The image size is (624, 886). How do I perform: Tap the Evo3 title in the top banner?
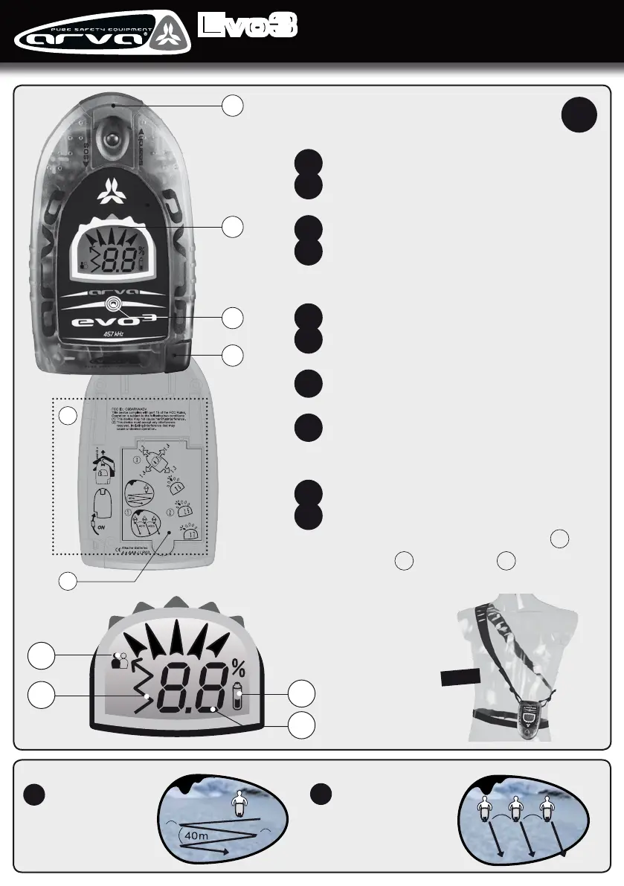click(248, 27)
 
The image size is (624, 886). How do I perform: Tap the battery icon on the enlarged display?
click(237, 698)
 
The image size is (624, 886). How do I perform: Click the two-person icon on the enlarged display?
click(119, 660)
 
